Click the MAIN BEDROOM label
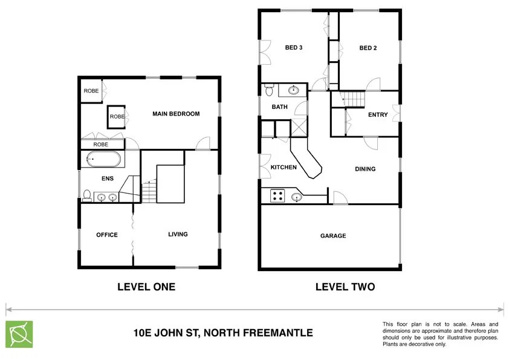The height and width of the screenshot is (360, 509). pyautogui.click(x=175, y=114)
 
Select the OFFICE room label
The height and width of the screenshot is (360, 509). pyautogui.click(x=106, y=235)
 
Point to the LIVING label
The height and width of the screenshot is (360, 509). pyautogui.click(x=178, y=234)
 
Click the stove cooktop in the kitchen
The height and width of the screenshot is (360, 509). pyautogui.click(x=277, y=195)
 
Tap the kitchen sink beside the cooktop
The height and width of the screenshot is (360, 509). pyautogui.click(x=296, y=197)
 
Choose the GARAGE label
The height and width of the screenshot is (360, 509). pyautogui.click(x=333, y=236)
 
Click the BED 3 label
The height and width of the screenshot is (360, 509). pyautogui.click(x=293, y=48)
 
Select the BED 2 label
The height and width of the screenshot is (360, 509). pyautogui.click(x=368, y=48)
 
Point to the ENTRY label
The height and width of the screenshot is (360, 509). pyautogui.click(x=378, y=115)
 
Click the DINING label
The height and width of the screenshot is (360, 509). pyautogui.click(x=365, y=169)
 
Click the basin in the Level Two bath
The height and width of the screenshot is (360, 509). pyautogui.click(x=294, y=91)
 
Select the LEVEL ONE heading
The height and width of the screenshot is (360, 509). pyautogui.click(x=146, y=287)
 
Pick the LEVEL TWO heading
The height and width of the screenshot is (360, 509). pyautogui.click(x=345, y=287)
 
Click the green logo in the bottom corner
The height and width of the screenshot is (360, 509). pyautogui.click(x=19, y=334)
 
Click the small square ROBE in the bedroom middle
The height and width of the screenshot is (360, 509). pyautogui.click(x=117, y=116)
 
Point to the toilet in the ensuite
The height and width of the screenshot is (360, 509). pyautogui.click(x=87, y=195)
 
